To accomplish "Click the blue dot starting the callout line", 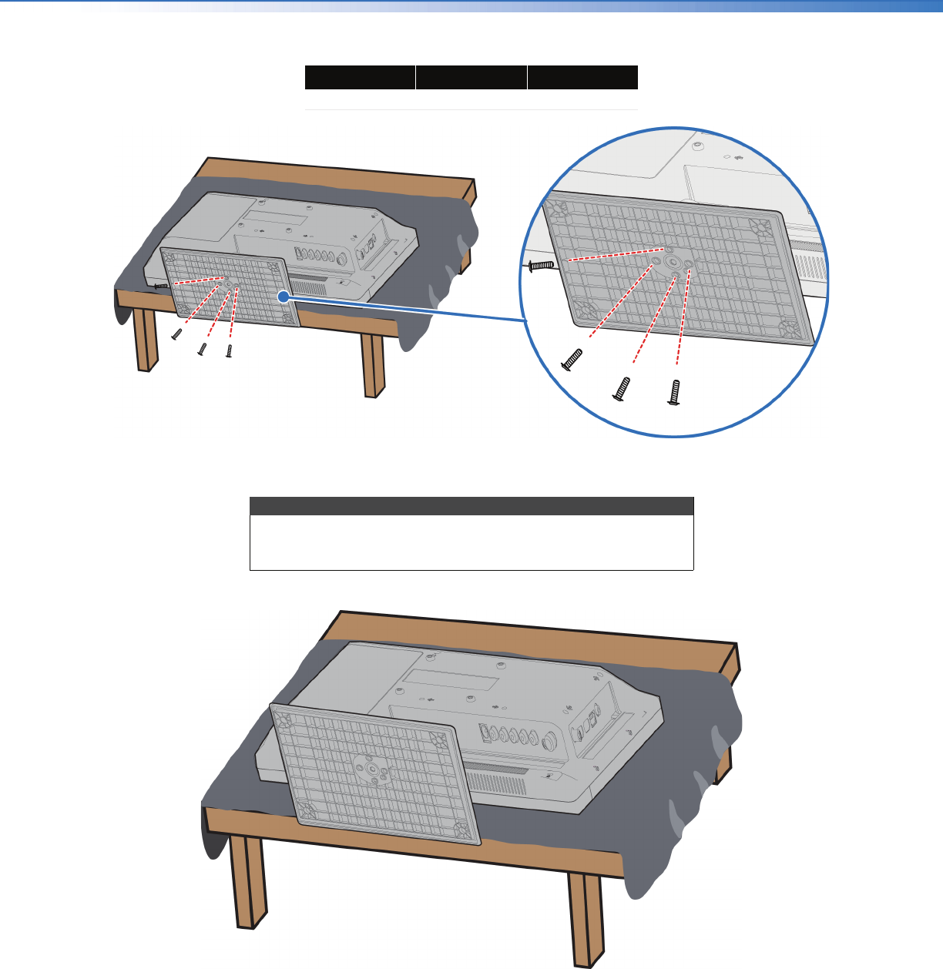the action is [284, 296].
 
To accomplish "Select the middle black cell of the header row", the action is [471, 78].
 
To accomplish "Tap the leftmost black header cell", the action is [360, 78].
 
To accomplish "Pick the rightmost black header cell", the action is [583, 78].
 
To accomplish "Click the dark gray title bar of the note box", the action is [471, 506].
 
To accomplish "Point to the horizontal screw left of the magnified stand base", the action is [542, 265].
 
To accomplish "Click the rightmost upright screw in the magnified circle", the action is [676, 392].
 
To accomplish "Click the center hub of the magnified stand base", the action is [673, 263].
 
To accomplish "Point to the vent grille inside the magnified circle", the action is [809, 267].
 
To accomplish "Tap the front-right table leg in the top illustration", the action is [373, 365].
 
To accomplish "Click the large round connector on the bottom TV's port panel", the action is [551, 741].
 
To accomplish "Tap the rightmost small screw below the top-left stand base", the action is [229, 350].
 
